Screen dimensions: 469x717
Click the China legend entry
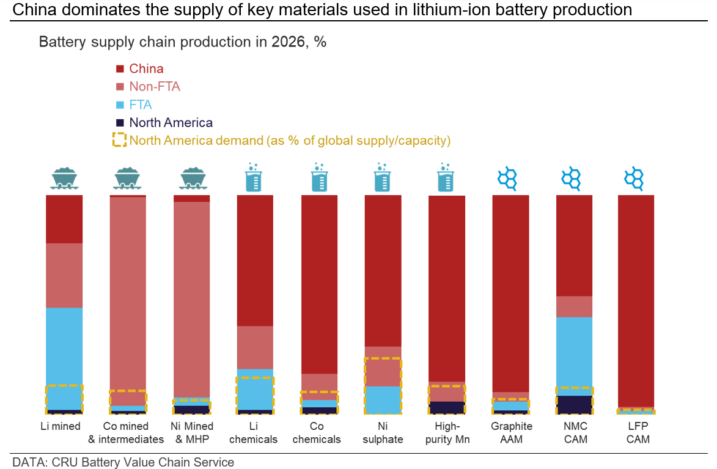click(x=145, y=68)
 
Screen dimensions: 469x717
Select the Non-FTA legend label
click(x=155, y=86)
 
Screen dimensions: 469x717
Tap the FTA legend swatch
click(x=120, y=105)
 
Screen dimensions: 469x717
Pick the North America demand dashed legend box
click(x=119, y=140)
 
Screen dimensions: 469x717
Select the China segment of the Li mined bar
click(x=64, y=219)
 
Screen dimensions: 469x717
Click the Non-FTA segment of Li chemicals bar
click(x=255, y=347)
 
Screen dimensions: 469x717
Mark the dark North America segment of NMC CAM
click(x=574, y=404)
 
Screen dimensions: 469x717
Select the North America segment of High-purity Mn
click(x=446, y=407)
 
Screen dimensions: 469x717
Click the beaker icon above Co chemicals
click(x=318, y=177)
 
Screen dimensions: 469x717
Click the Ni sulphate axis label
click(x=383, y=433)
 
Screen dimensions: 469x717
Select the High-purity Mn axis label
click(x=446, y=433)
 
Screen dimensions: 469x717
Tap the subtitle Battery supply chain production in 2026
click(x=183, y=42)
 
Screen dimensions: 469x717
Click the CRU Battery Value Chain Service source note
click(x=123, y=462)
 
